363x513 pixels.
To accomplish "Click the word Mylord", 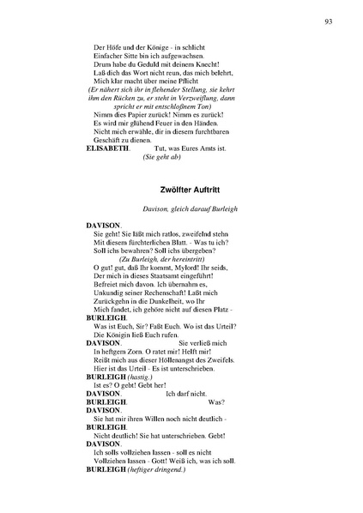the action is [190, 268].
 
